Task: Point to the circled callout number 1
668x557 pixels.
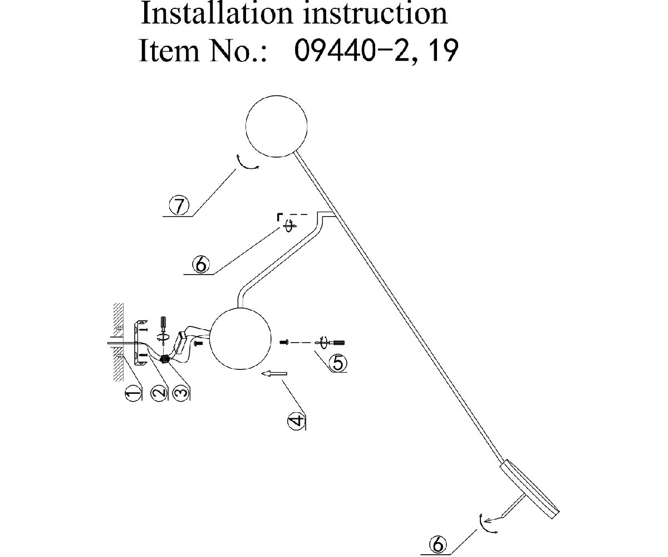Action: coord(132,394)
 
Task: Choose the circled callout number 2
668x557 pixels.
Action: coord(159,393)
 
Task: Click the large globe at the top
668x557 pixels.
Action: coord(277,126)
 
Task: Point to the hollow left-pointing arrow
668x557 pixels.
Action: coord(273,374)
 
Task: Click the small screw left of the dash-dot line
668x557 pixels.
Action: coord(284,341)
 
